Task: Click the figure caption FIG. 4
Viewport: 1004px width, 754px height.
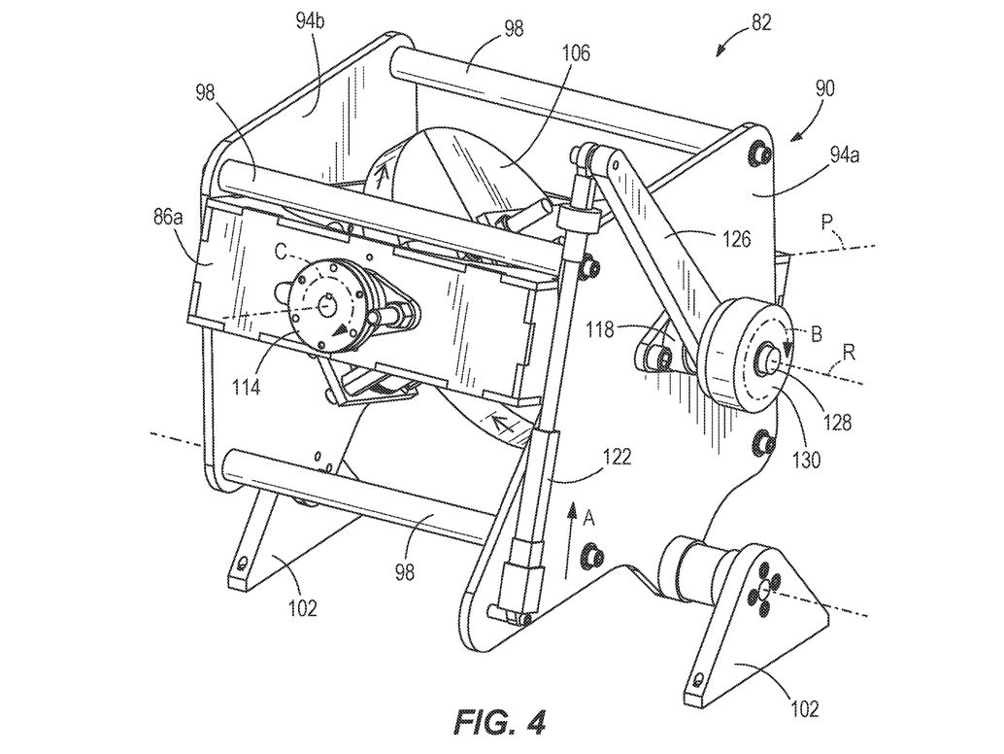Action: pyautogui.click(x=500, y=722)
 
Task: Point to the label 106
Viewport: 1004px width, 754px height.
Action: pyautogui.click(x=576, y=53)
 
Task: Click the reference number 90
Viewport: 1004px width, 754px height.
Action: pyautogui.click(x=824, y=87)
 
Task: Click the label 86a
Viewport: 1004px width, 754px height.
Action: pyautogui.click(x=168, y=218)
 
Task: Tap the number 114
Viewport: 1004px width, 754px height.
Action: pyautogui.click(x=246, y=387)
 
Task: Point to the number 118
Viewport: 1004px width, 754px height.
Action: pyautogui.click(x=600, y=330)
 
